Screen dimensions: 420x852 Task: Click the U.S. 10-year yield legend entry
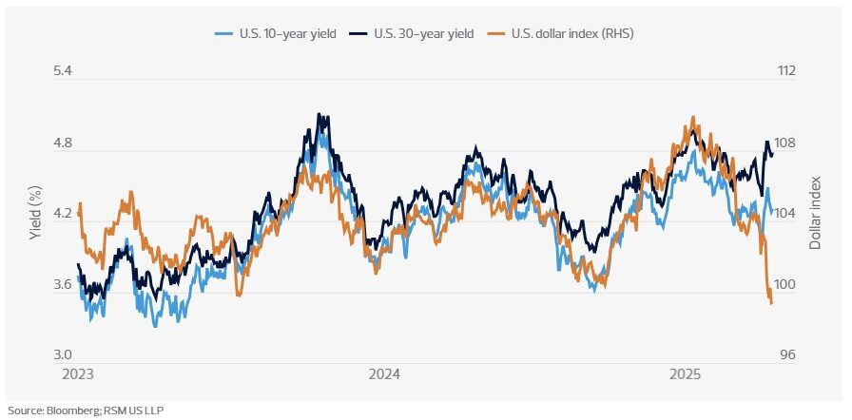(275, 34)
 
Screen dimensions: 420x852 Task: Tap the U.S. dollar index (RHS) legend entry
(561, 34)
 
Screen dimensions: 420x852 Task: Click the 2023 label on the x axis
(78, 373)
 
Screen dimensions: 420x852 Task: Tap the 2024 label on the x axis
(385, 373)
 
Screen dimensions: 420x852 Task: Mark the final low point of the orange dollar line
(771, 304)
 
